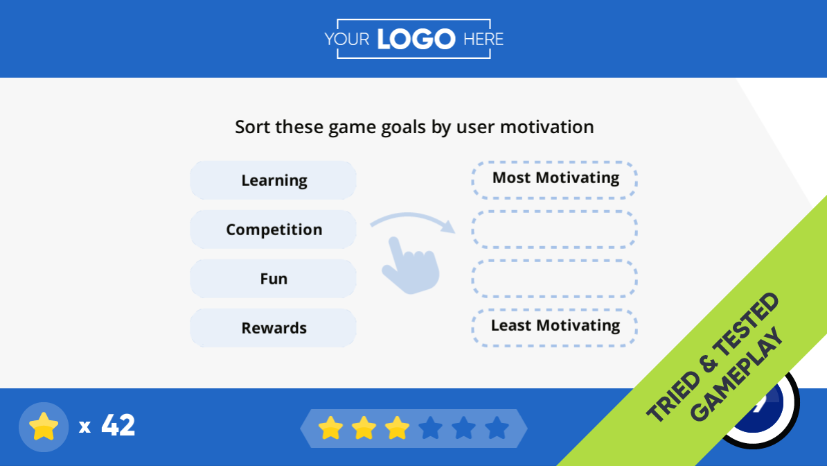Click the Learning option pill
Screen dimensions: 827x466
273,180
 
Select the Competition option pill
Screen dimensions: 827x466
273,230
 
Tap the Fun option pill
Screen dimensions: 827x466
273,279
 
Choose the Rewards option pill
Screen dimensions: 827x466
273,327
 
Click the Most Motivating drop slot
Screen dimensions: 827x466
555,180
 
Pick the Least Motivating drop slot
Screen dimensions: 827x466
555,327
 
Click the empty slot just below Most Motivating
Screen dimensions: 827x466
555,230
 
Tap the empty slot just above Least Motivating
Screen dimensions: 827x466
555,279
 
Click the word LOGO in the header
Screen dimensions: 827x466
416,39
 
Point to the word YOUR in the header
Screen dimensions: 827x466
346,39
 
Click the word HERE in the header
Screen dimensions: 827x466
483,39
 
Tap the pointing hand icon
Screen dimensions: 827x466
411,265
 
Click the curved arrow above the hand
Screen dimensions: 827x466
411,216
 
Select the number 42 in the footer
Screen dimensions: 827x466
118,425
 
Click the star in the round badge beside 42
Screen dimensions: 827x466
44,426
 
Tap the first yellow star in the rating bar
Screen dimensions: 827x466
330,428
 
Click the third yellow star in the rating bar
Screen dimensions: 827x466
397,428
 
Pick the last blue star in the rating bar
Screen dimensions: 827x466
497,428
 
